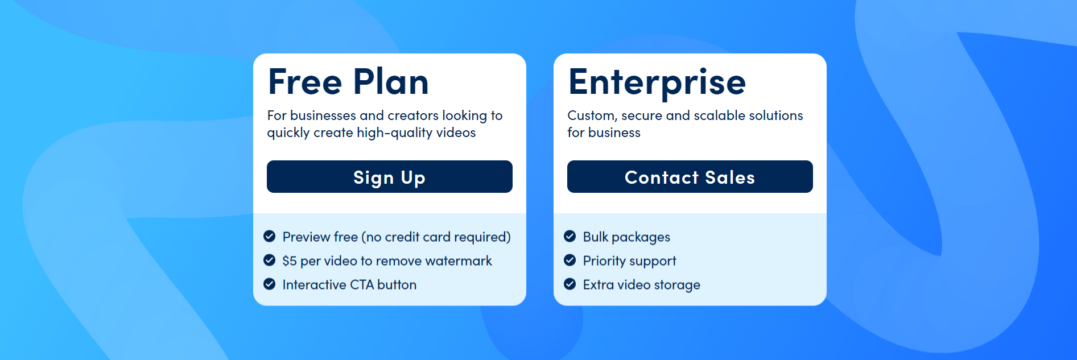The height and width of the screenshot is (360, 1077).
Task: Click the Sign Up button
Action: point(389,177)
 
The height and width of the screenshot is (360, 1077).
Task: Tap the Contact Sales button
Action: point(690,177)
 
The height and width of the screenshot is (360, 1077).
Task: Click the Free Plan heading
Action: point(348,82)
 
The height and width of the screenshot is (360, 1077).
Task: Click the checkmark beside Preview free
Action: point(270,236)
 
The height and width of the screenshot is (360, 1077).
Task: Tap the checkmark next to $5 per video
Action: point(270,260)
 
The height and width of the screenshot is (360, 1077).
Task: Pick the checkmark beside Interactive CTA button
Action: point(270,284)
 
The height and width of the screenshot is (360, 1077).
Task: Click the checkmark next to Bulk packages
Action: point(570,236)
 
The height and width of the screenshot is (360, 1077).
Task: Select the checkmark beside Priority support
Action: point(570,260)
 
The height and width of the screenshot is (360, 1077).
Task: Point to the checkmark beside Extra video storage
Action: point(570,284)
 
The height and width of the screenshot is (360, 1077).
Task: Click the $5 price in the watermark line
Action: point(290,261)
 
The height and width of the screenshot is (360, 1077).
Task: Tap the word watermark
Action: point(459,261)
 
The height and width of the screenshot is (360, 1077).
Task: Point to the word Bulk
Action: point(596,237)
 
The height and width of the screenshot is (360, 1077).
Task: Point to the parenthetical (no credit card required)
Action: point(436,237)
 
